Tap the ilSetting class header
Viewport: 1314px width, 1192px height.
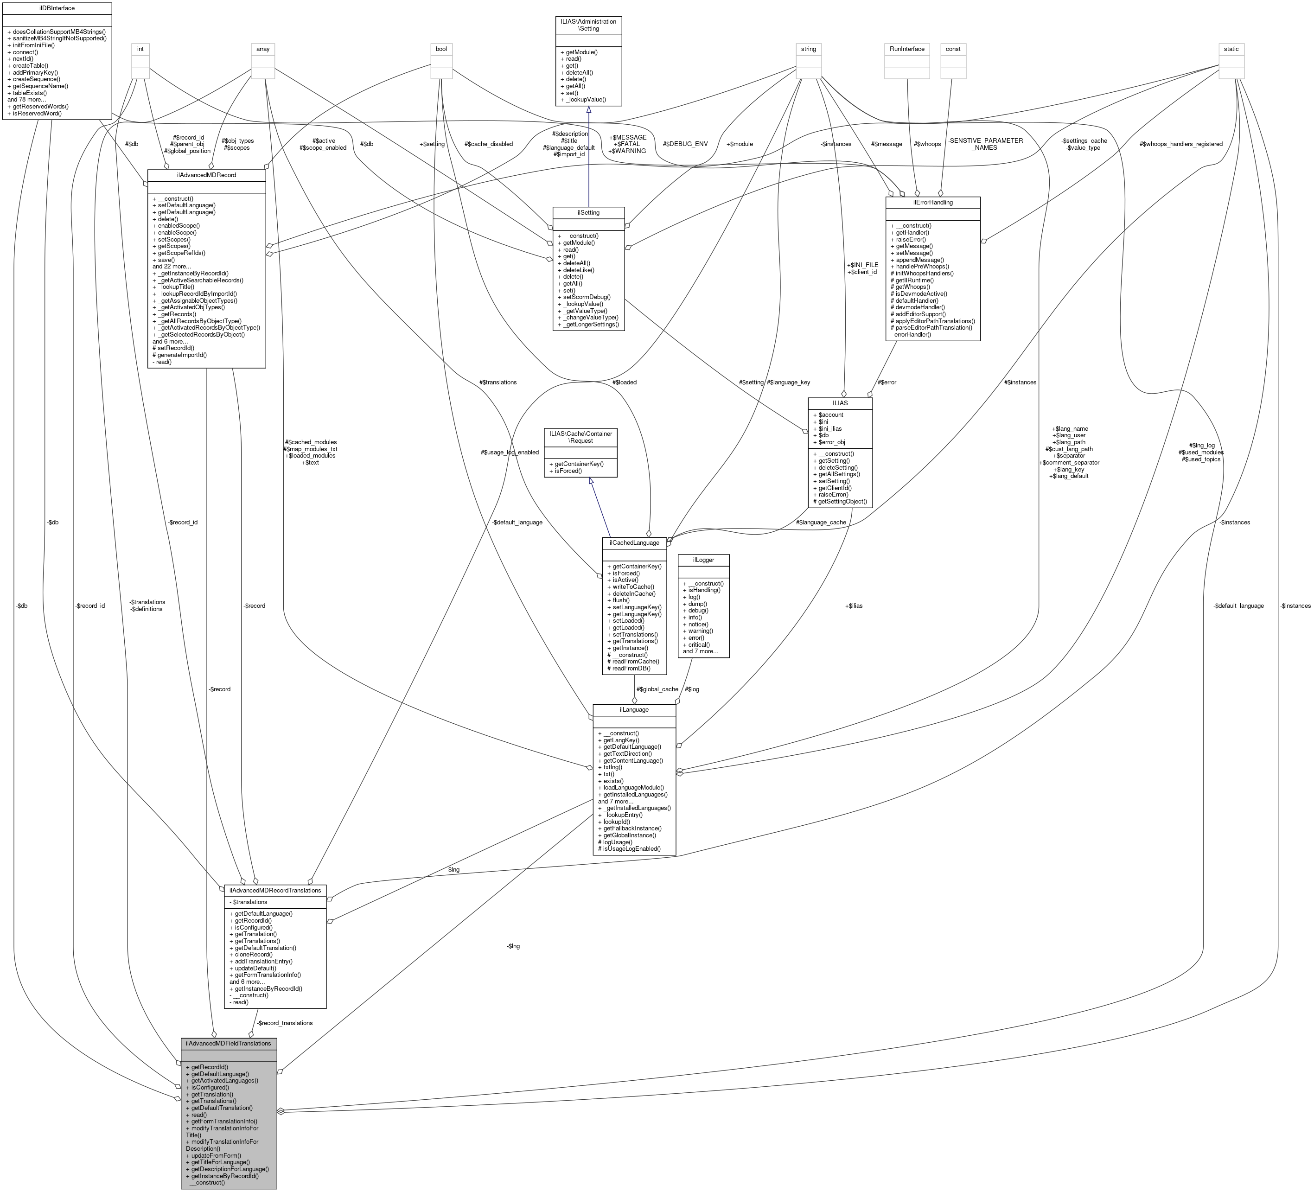588,212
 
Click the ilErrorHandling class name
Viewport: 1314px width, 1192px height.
932,202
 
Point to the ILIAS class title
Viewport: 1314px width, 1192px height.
840,403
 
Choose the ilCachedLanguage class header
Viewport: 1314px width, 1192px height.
633,542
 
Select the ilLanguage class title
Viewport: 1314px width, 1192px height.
633,709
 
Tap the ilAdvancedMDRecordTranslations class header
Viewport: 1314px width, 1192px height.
274,890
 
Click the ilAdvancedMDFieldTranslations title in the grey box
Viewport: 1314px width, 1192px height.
228,1044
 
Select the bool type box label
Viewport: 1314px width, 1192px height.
442,49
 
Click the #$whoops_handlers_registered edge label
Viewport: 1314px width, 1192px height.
1180,144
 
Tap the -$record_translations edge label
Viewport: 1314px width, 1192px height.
285,1023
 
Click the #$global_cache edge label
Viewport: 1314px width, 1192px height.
657,689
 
